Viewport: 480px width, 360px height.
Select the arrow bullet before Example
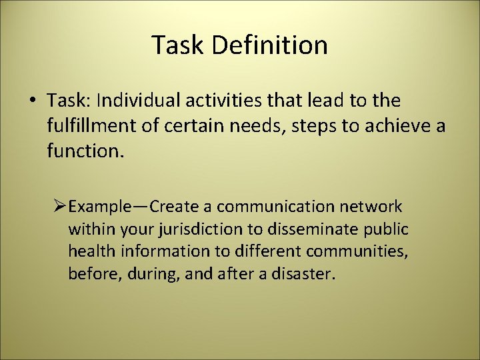(59, 207)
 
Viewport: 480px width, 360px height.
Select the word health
(88, 252)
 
